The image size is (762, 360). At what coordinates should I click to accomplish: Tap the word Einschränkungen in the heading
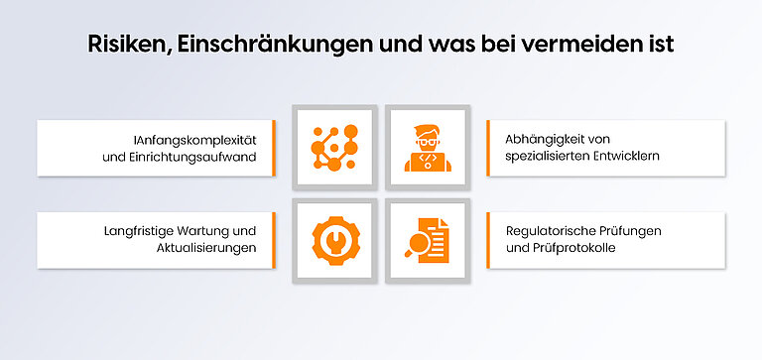(259, 45)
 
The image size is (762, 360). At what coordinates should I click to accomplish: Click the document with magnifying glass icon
(427, 241)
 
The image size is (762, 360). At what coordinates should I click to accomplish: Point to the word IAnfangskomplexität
(194, 139)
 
